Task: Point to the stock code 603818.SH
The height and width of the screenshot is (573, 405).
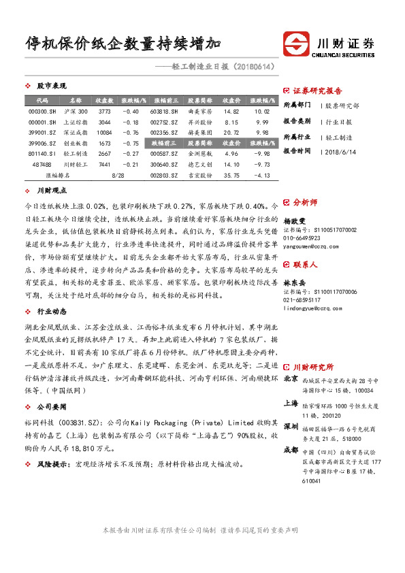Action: (x=165, y=111)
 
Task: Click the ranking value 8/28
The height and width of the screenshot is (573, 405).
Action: (x=116, y=176)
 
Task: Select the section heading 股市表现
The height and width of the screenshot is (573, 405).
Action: (x=51, y=86)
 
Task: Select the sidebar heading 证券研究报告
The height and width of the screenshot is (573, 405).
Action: (x=317, y=91)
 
